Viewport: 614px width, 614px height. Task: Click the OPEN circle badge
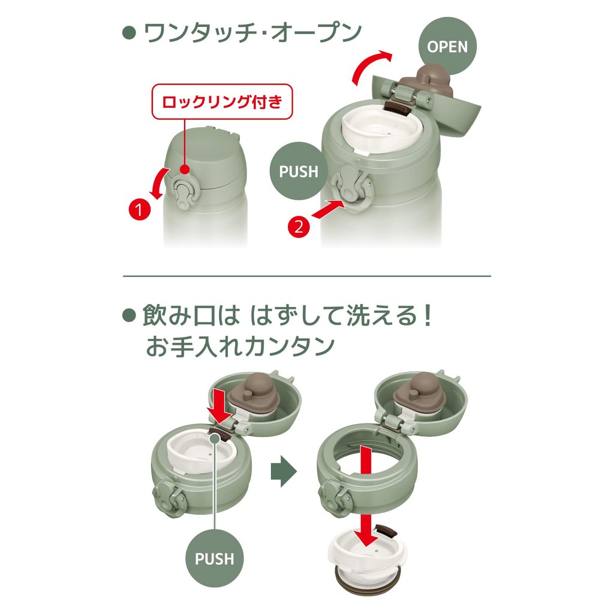click(x=447, y=46)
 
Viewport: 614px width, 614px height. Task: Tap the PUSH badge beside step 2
click(x=299, y=171)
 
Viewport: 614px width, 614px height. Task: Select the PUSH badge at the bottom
click(x=214, y=558)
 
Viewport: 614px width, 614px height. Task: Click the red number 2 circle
click(x=299, y=226)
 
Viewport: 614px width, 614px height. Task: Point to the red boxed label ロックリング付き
click(x=222, y=101)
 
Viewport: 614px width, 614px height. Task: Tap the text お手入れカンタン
click(x=240, y=346)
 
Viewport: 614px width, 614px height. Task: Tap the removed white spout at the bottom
click(x=368, y=558)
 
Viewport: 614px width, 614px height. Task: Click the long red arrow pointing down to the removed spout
click(x=366, y=495)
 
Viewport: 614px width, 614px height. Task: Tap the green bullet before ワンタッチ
click(x=130, y=33)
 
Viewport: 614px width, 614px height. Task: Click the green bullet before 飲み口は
click(x=130, y=315)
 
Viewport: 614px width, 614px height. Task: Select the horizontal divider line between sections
click(x=306, y=276)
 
